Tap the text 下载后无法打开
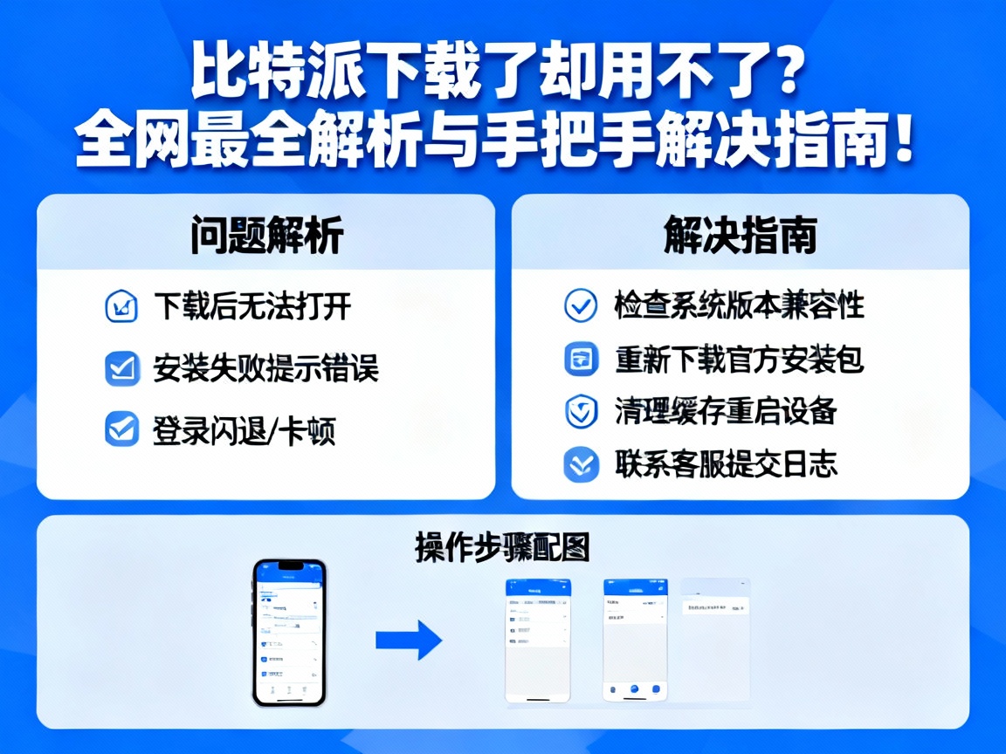253,306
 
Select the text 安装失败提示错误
265,368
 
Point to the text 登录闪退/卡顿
245,430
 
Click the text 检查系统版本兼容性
739,305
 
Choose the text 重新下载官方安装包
739,359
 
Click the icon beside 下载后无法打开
122,307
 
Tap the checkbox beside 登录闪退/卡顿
122,430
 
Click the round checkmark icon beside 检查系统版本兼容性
582,306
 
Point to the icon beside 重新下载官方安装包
582,360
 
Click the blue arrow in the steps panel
409,640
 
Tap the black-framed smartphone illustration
289,633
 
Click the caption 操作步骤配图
502,548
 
